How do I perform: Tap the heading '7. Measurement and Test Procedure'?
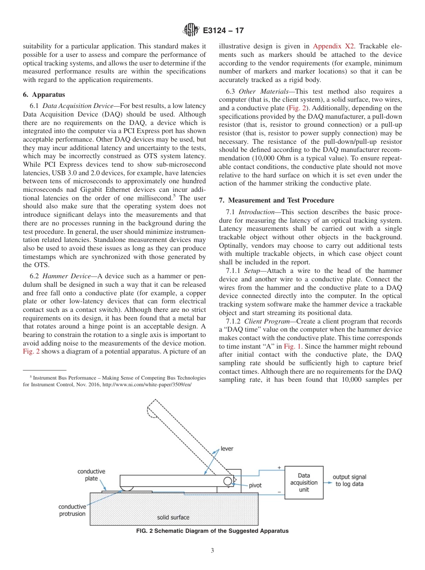tap(276, 200)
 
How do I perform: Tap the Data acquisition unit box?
tap(304, 482)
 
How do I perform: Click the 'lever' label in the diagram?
tap(227, 449)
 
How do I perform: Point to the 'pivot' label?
tap(255, 485)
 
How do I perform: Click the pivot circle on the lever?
tap(228, 481)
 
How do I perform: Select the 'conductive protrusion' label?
tap(72, 510)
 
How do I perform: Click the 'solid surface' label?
tap(173, 517)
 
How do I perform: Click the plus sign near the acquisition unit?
tap(280, 467)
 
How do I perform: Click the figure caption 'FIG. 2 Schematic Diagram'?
tap(212, 531)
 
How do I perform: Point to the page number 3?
tap(212, 551)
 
